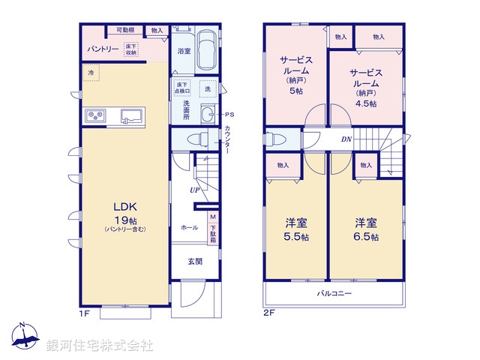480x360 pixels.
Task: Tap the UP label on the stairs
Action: click(x=194, y=190)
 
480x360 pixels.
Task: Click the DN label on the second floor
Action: click(x=346, y=139)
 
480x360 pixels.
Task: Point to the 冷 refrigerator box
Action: click(x=91, y=73)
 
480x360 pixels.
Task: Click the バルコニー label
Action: click(x=334, y=293)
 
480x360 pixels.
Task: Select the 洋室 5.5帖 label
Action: click(x=295, y=229)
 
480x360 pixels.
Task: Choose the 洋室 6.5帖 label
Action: click(x=367, y=229)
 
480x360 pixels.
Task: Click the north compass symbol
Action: click(x=24, y=336)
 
